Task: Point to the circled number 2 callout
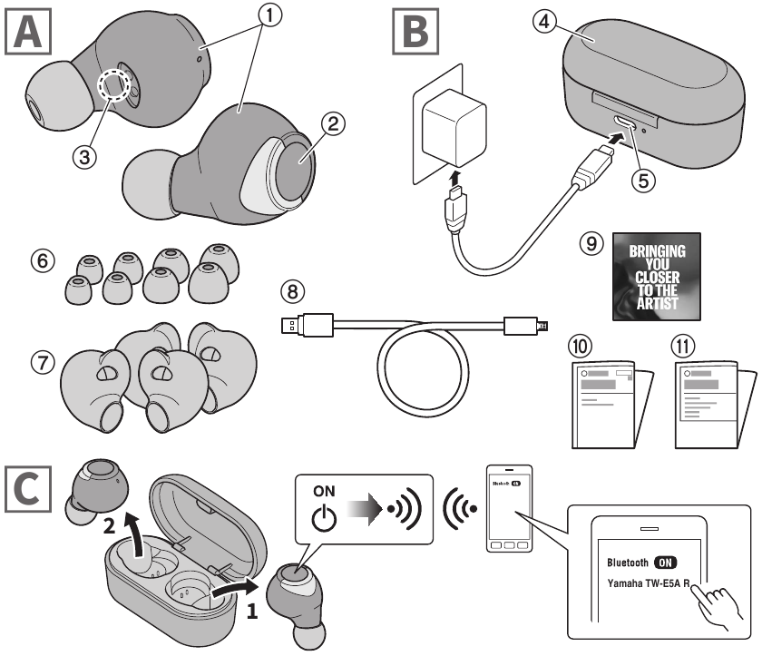coord(333,126)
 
